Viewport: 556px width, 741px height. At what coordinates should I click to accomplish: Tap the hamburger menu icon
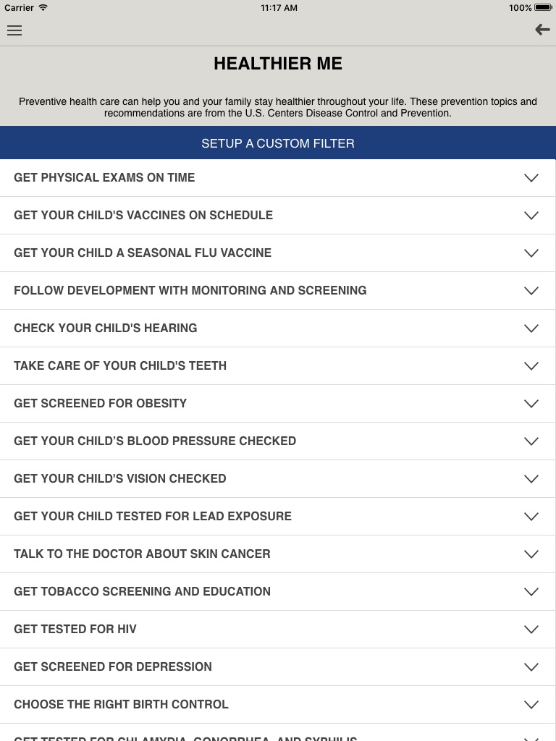tap(14, 30)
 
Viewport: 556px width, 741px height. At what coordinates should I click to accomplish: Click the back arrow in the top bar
tap(542, 30)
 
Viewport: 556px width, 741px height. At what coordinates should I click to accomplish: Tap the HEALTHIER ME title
tap(278, 64)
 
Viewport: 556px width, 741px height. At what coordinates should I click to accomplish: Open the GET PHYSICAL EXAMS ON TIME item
tap(104, 177)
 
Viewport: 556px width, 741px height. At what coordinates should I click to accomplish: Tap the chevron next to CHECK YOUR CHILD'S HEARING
tap(531, 329)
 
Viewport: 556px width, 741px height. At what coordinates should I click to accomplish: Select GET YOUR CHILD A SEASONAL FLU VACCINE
tap(143, 253)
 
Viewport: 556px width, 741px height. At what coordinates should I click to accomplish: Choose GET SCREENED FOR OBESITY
tap(101, 403)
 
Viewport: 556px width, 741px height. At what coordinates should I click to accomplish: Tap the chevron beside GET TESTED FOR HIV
tap(531, 630)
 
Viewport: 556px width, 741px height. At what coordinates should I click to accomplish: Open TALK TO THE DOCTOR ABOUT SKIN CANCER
tap(142, 554)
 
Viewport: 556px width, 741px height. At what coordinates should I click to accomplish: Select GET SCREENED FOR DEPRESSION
tap(113, 666)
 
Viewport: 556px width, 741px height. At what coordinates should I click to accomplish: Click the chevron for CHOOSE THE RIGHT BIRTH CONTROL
tap(531, 705)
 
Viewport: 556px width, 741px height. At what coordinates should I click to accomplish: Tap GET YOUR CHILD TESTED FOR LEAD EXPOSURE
tap(153, 516)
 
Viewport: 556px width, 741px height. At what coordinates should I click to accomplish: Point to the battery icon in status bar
tap(543, 7)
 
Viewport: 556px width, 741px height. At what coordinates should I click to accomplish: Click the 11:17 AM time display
tap(279, 7)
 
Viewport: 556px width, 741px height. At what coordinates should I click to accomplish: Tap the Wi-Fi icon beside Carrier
tap(43, 7)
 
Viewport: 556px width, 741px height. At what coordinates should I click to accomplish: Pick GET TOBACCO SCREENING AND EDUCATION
tap(142, 591)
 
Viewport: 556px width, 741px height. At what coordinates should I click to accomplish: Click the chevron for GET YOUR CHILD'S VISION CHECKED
tap(531, 479)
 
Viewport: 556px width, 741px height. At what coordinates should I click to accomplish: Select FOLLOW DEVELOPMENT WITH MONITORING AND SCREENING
tap(190, 290)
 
